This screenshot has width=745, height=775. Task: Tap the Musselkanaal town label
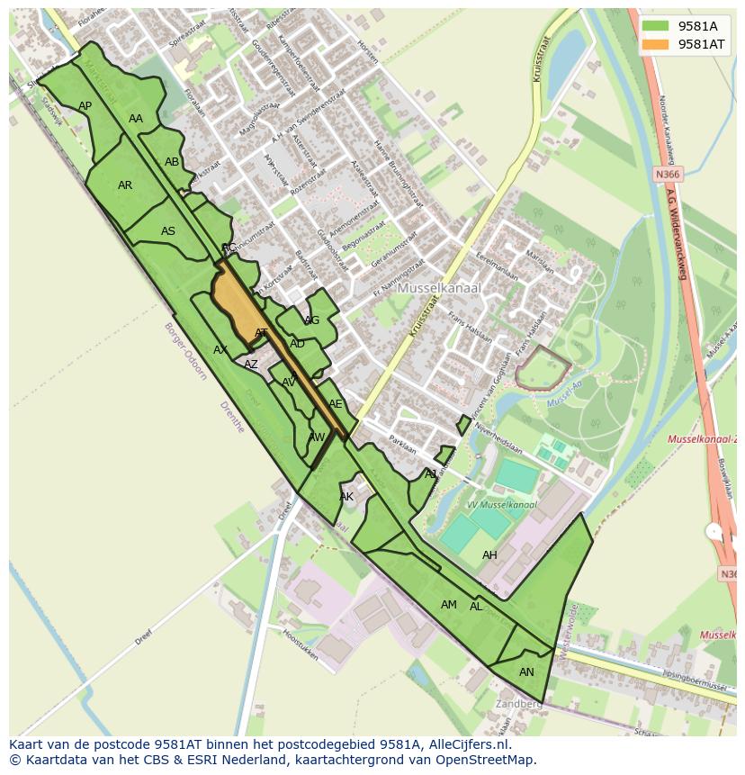[x=439, y=288]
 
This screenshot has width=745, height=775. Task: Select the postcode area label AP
[x=85, y=106]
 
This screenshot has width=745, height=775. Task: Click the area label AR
[x=125, y=185]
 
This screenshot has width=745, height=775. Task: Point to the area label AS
[x=168, y=231]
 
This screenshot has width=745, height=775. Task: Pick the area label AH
[x=489, y=555]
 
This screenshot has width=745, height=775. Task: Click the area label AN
[x=526, y=672]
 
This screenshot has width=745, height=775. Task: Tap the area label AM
[x=449, y=605]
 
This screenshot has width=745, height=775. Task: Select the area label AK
[x=346, y=497]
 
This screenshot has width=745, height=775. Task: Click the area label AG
[x=312, y=320]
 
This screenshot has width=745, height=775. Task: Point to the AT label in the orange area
[x=261, y=333]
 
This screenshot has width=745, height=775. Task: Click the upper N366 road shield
[x=668, y=174]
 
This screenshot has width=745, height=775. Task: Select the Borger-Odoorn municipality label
[x=185, y=351]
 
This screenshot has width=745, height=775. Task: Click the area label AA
[x=136, y=119]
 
